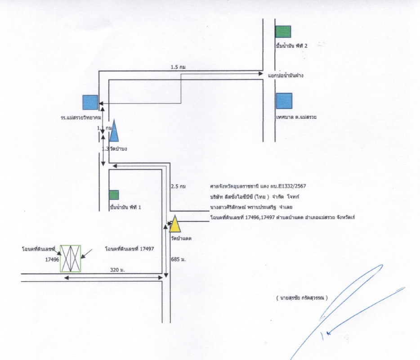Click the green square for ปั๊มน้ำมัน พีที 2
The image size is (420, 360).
(283, 31)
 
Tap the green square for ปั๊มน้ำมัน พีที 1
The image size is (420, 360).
(114, 195)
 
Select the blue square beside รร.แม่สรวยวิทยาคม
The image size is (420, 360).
(90, 102)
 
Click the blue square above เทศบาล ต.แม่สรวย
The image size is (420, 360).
(284, 101)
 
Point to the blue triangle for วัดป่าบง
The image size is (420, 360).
(114, 131)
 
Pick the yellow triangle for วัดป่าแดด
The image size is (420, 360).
(175, 224)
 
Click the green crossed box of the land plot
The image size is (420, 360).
(71, 259)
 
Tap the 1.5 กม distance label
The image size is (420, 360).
(179, 67)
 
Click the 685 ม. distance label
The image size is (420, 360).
(179, 260)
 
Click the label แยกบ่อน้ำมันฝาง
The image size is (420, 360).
(286, 76)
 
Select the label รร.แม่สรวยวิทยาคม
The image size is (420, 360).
(80, 117)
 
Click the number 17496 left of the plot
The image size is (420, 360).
(52, 259)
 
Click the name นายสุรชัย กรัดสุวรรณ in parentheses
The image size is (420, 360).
(302, 298)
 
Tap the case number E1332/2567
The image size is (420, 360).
(292, 186)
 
